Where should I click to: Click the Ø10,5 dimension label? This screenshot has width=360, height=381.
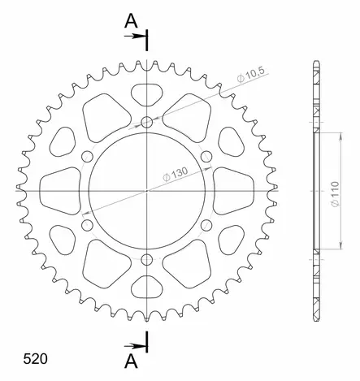(251, 74)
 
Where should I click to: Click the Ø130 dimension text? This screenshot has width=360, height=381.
(176, 175)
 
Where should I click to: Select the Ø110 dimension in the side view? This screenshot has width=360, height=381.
(335, 195)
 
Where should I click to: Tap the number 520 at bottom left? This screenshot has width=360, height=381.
(35, 359)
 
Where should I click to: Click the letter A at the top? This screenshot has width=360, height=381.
(131, 21)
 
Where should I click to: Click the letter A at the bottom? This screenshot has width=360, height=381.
(131, 362)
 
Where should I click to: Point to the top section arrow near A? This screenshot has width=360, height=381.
(134, 36)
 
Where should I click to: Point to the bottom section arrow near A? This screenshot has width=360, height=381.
(134, 346)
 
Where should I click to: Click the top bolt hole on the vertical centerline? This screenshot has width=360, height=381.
(147, 122)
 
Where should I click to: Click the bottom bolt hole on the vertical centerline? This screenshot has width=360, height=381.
(147, 260)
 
